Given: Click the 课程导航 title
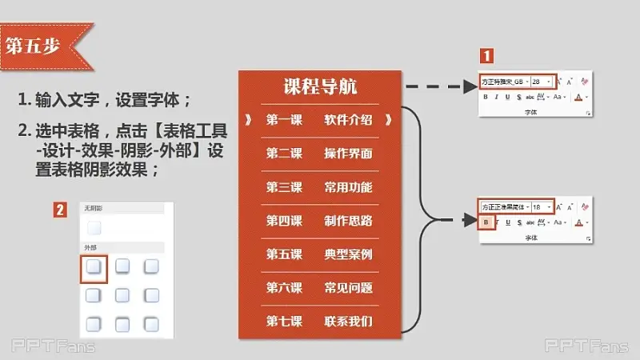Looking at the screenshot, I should (320, 87).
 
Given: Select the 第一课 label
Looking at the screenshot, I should (284, 121).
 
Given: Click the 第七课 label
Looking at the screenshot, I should (284, 322).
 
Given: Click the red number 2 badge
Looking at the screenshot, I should (60, 210).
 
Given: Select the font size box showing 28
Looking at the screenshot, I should (541, 82).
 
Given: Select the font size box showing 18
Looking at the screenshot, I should (541, 206).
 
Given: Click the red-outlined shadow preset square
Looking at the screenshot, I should (94, 266).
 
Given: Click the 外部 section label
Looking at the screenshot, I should (90, 247).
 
